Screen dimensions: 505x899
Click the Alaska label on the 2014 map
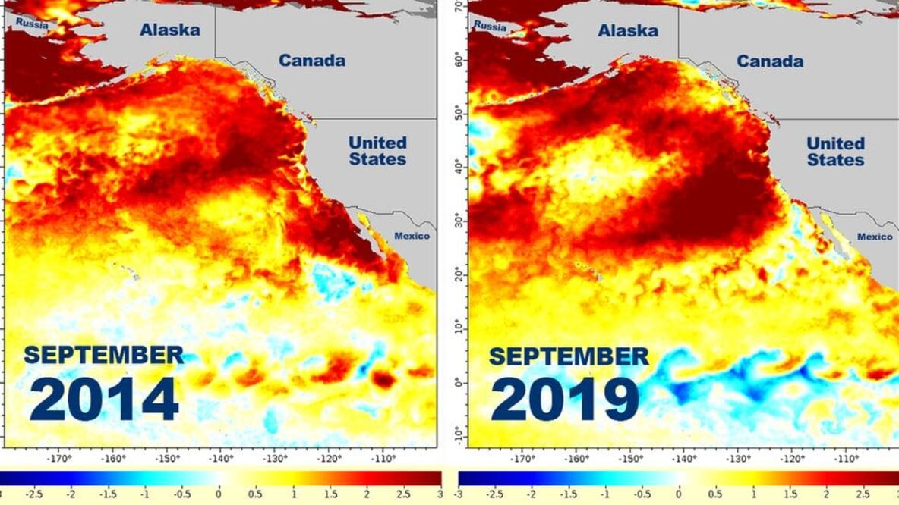tap(169, 30)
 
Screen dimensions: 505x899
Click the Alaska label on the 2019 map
tap(628, 31)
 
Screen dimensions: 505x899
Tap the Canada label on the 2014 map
tap(311, 61)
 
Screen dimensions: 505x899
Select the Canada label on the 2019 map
tap(770, 61)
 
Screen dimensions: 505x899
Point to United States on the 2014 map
tap(377, 151)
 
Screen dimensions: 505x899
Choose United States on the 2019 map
tap(835, 152)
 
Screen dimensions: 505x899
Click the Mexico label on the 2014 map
tap(412, 236)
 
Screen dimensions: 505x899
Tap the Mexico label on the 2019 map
tap(875, 237)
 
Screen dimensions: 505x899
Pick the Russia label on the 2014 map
tap(31, 25)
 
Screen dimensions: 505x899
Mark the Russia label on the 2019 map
tap(490, 26)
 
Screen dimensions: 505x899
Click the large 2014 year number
tap(103, 400)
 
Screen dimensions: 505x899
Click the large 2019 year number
tap(564, 400)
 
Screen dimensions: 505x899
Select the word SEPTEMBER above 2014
tap(103, 355)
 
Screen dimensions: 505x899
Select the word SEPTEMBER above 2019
tap(569, 356)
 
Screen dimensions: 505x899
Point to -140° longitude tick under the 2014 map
tap(221, 458)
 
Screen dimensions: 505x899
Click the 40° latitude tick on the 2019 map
tap(459, 163)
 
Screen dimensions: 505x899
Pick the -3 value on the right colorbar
tap(458, 494)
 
